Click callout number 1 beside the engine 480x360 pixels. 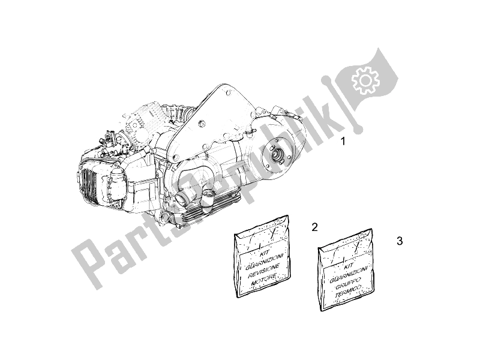coord(343,142)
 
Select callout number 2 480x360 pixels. coord(314,227)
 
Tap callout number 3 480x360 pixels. coord(400,241)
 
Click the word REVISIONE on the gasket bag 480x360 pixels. coord(263,271)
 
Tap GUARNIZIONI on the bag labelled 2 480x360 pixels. coord(264,261)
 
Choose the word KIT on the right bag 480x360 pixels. coord(349,266)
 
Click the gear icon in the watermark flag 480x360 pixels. coord(365,80)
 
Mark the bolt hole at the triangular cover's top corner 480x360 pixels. coord(227,92)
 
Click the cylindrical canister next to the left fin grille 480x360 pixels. coord(116,187)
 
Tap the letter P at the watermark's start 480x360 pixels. coord(87,263)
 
